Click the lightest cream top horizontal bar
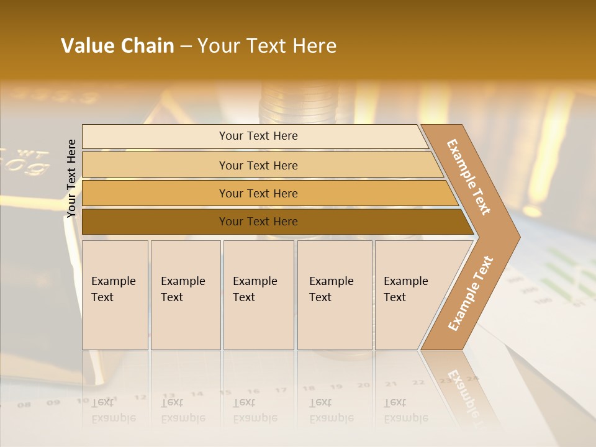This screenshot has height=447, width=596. [x=258, y=136]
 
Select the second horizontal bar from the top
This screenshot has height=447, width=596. [x=258, y=165]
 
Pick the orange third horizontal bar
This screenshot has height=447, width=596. [x=258, y=194]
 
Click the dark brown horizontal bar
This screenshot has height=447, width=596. [x=258, y=222]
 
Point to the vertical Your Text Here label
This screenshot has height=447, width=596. [x=71, y=178]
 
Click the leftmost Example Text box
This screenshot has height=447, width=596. [x=115, y=295]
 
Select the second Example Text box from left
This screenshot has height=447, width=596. [x=185, y=295]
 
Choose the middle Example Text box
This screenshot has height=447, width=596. [x=258, y=295]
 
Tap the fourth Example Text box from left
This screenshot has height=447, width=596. [x=334, y=295]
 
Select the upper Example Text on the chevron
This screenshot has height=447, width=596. [x=469, y=177]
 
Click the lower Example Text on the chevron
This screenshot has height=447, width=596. [x=470, y=293]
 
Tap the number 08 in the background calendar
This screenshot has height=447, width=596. [x=24, y=405]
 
